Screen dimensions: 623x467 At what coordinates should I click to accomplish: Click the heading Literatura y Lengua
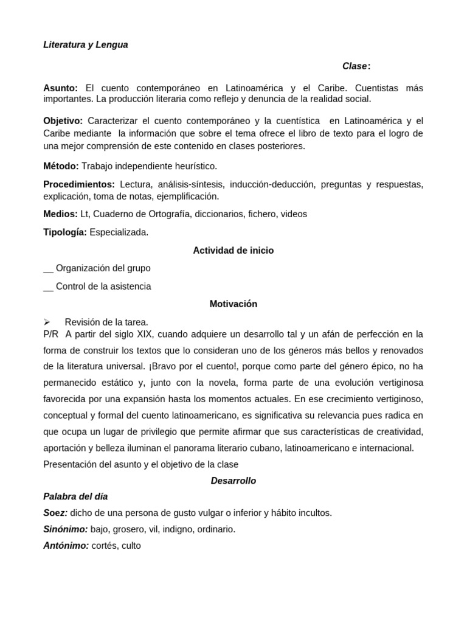tap(86, 45)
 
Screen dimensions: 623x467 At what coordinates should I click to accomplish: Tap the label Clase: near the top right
tap(356, 66)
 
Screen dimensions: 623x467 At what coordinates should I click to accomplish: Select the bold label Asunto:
tap(61, 88)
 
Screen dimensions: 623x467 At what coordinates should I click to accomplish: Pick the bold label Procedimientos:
tap(79, 184)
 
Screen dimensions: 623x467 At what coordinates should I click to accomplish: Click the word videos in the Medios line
tap(294, 214)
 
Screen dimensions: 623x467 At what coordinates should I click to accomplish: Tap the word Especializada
tap(119, 232)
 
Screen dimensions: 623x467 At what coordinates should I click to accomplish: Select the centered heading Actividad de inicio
tap(233, 251)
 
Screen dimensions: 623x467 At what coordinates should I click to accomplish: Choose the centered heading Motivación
tap(233, 304)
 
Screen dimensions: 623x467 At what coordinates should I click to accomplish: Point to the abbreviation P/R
tap(51, 334)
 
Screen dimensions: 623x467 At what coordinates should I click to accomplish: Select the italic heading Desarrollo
tap(233, 481)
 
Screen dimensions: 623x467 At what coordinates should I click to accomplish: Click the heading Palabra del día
tap(75, 496)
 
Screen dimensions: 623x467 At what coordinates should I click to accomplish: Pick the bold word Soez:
tap(55, 513)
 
